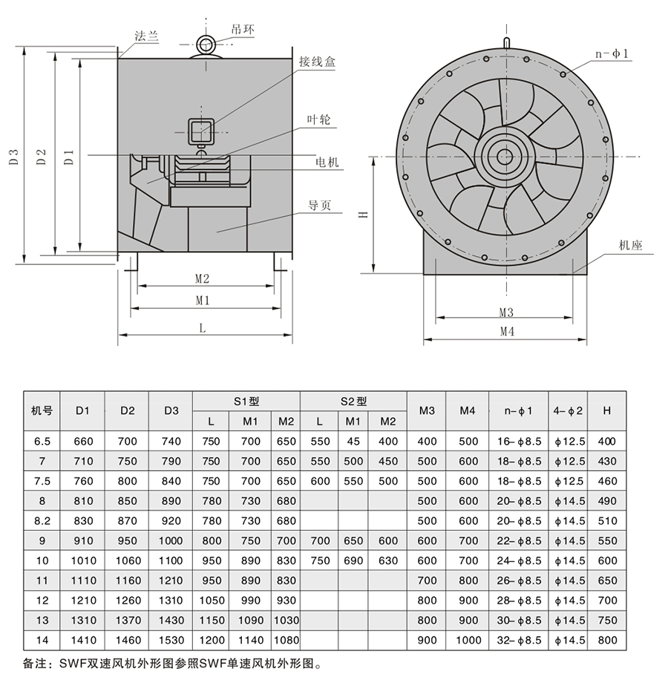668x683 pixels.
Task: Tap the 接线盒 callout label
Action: pyautogui.click(x=318, y=62)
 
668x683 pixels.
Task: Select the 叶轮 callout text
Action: pyautogui.click(x=318, y=119)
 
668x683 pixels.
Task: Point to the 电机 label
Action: pyautogui.click(x=327, y=162)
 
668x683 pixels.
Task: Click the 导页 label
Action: pyautogui.click(x=320, y=206)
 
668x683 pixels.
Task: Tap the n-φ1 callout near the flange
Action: pyautogui.click(x=612, y=53)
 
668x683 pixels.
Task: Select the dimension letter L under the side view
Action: pyautogui.click(x=202, y=327)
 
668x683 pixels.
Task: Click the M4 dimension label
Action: pyautogui.click(x=506, y=332)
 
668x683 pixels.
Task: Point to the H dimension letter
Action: pyautogui.click(x=364, y=215)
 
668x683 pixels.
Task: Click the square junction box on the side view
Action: pyautogui.click(x=201, y=131)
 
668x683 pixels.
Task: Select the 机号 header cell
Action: pyautogui.click(x=42, y=411)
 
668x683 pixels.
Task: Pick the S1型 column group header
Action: pyautogui.click(x=245, y=401)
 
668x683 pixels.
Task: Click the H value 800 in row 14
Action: pyautogui.click(x=607, y=640)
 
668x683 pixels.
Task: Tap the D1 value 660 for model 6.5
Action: pyautogui.click(x=83, y=441)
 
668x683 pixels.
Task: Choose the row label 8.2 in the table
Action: pyautogui.click(x=42, y=520)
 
